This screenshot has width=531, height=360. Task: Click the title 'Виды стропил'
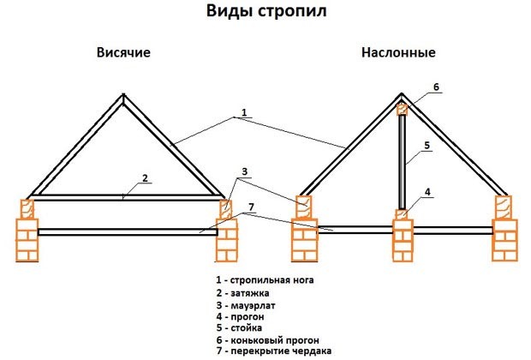point(266,11)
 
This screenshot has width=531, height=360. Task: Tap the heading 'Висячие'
point(123,52)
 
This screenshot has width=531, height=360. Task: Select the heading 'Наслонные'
point(398,52)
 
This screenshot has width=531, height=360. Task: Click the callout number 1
point(244,112)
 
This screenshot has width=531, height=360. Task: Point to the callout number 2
point(145,177)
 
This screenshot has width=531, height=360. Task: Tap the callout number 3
point(244,171)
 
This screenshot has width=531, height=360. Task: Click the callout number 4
point(427,192)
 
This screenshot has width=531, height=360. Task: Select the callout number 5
point(427,145)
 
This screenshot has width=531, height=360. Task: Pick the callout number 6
point(436,87)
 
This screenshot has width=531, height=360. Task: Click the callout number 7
point(251,207)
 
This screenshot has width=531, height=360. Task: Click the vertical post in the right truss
point(402,162)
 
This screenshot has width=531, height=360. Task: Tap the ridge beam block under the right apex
point(402,110)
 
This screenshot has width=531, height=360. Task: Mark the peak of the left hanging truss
point(123,94)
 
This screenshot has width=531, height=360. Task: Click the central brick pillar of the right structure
point(403,240)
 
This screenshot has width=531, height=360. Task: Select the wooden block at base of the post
point(402,214)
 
